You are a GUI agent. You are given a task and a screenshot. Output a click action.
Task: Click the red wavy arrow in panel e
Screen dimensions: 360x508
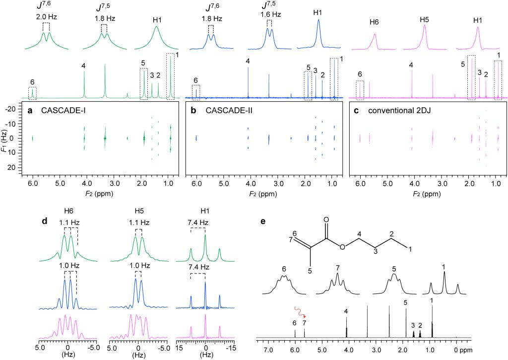pos(300,311)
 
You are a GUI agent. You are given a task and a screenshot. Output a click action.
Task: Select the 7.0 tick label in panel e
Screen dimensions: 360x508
pos(268,349)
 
